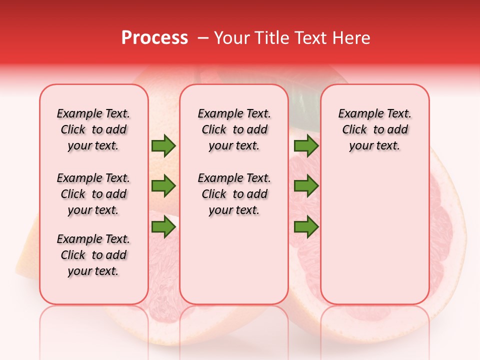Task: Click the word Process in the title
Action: (x=154, y=38)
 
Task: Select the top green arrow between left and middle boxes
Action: (x=163, y=146)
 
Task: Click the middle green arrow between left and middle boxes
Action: (x=163, y=186)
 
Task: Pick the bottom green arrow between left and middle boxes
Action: (x=163, y=227)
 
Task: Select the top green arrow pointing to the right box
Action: (x=306, y=146)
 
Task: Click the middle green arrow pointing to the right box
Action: (x=306, y=186)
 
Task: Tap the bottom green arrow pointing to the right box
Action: (x=306, y=227)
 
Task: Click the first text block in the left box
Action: (x=93, y=129)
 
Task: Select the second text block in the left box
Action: (x=93, y=194)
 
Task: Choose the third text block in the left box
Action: (x=93, y=255)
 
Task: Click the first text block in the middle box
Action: (x=234, y=129)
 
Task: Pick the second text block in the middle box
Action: (x=234, y=194)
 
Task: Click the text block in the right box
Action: (x=374, y=129)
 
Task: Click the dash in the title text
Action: (x=203, y=38)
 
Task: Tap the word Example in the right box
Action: (x=357, y=114)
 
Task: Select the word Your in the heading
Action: (x=230, y=38)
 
